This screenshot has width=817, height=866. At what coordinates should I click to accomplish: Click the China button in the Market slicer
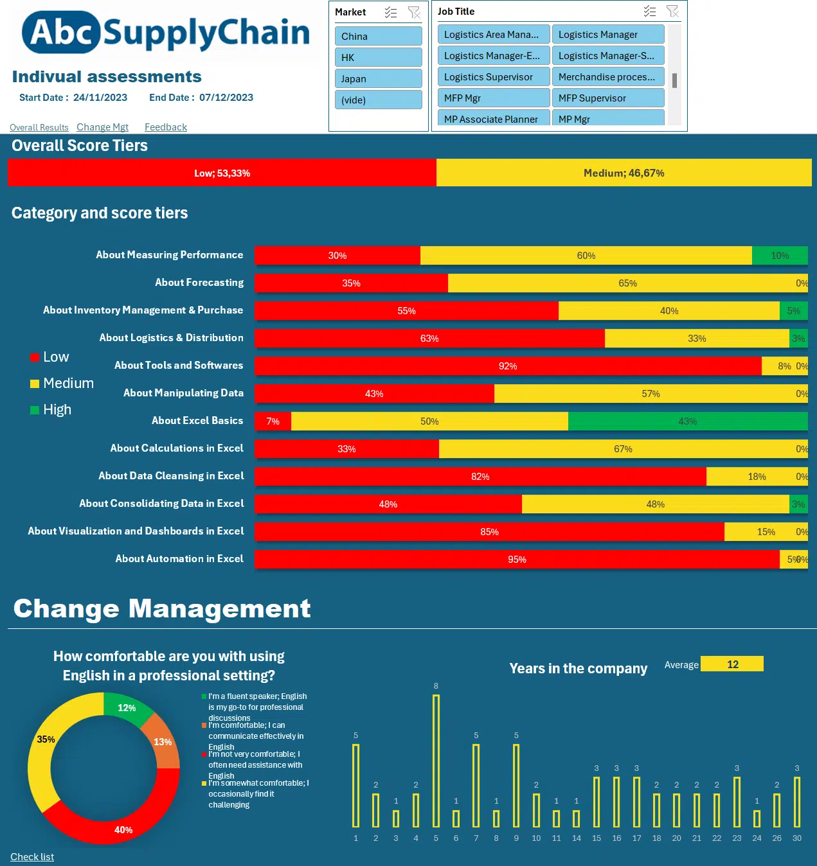pyautogui.click(x=378, y=36)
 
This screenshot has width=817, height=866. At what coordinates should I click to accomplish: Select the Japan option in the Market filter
pyautogui.click(x=378, y=78)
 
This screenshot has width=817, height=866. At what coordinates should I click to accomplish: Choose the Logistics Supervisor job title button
pyautogui.click(x=493, y=77)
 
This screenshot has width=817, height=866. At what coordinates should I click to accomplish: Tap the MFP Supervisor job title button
pyautogui.click(x=607, y=98)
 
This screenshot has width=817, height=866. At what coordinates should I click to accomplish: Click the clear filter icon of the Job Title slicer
pyautogui.click(x=672, y=12)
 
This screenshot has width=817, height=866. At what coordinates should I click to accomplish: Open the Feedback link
pyautogui.click(x=165, y=127)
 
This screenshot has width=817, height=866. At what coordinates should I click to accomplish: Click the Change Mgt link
pyautogui.click(x=102, y=127)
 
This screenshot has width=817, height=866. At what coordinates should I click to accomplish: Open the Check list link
pyautogui.click(x=32, y=857)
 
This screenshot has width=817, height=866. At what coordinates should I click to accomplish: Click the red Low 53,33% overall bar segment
pyautogui.click(x=222, y=173)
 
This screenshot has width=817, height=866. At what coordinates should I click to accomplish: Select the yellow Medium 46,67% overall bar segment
pyautogui.click(x=624, y=173)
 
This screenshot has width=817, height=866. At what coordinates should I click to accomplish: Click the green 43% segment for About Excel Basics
pyautogui.click(x=687, y=421)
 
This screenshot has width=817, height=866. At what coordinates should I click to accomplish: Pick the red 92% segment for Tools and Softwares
pyautogui.click(x=507, y=366)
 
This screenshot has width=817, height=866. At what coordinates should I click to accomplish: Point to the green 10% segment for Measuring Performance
pyautogui.click(x=779, y=256)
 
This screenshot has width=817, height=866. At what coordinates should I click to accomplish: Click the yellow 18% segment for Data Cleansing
pyautogui.click(x=756, y=477)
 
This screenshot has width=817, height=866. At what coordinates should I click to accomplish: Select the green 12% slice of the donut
pyautogui.click(x=126, y=708)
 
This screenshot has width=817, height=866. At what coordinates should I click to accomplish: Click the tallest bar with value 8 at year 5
pyautogui.click(x=436, y=761)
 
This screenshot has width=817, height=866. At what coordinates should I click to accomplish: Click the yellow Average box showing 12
pyautogui.click(x=732, y=664)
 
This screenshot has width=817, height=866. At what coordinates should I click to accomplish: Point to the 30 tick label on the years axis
pyautogui.click(x=796, y=838)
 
